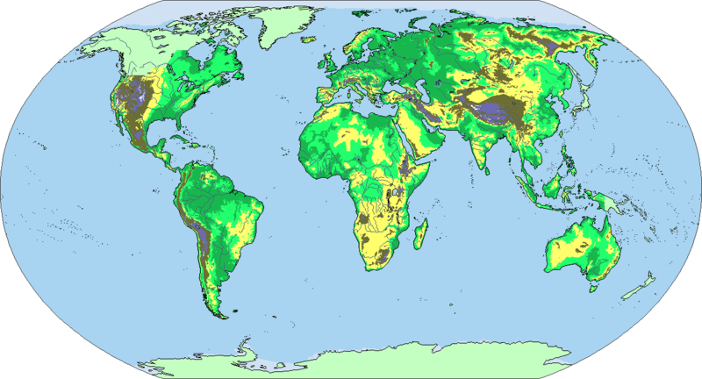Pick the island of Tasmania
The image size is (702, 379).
pyautogui.click(x=594, y=285)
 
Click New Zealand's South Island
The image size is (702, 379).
pyautogui.click(x=634, y=290)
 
